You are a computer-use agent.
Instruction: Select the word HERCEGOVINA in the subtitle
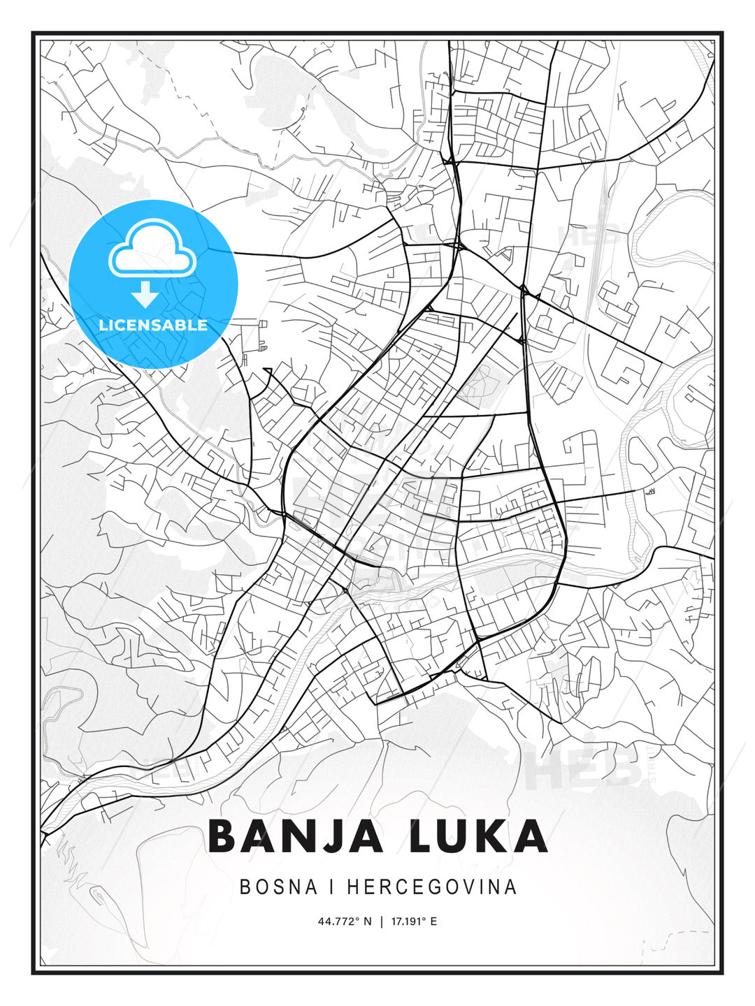pos(432,887)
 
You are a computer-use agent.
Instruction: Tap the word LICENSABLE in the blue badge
pos(153,325)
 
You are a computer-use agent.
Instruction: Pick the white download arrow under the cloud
pos(145,294)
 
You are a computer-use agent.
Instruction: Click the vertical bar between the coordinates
pos(381,921)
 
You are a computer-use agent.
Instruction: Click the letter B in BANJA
pos(224,836)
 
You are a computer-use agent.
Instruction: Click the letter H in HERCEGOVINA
pos(353,887)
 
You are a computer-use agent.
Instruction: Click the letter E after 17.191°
pos(434,921)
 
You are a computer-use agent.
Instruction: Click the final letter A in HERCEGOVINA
pos(512,887)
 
